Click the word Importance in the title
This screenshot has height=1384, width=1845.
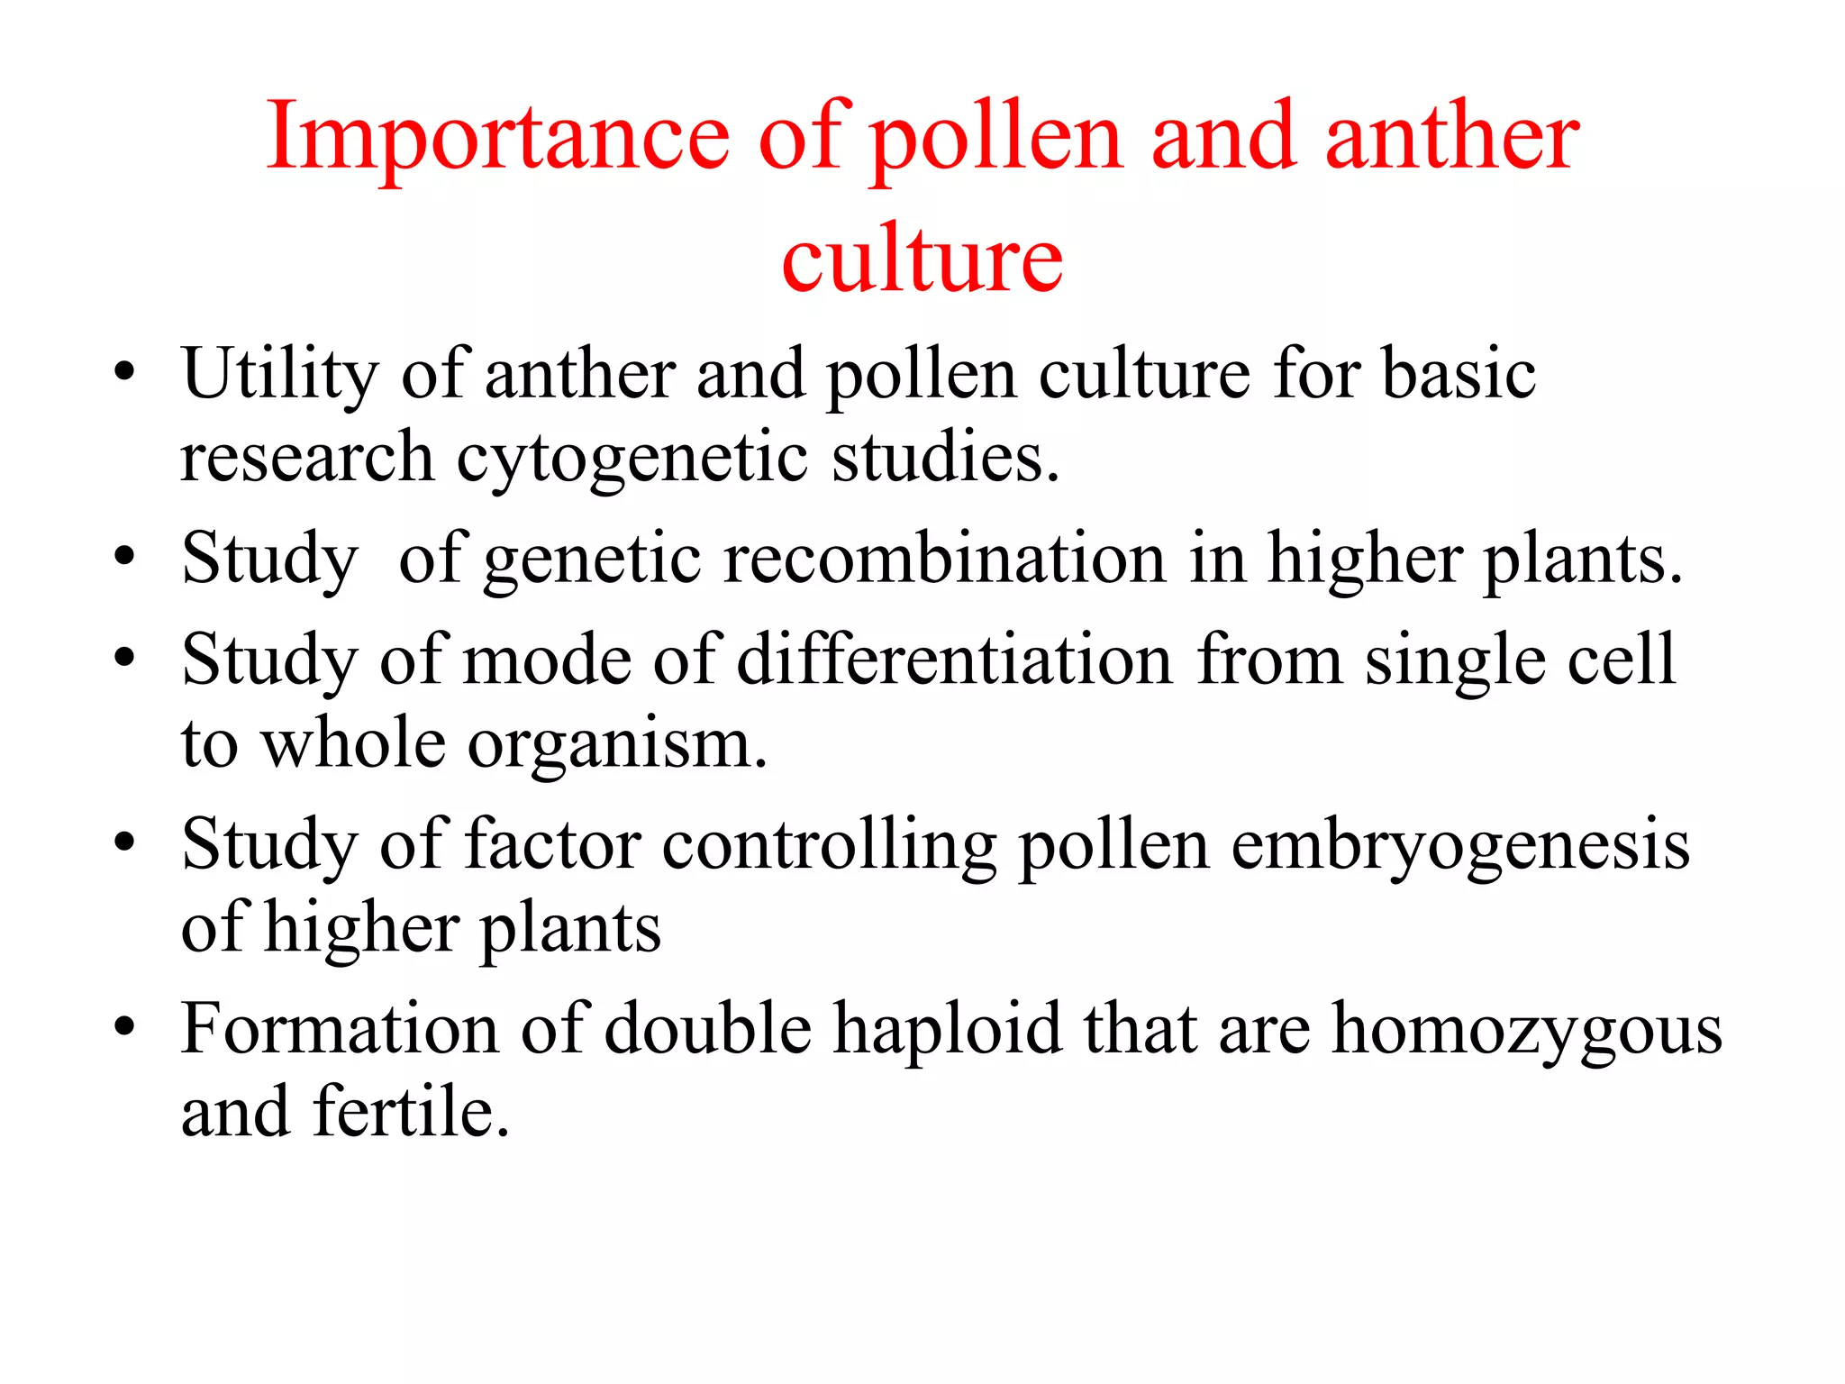coord(497,137)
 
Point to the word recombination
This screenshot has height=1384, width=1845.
coord(945,559)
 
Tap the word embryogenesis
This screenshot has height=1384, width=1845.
coord(1460,847)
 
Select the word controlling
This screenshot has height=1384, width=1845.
coord(829,847)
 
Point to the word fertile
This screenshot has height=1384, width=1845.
coord(412,1113)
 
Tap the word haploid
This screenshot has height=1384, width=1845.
coord(948,1029)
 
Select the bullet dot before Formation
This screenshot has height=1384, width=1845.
coord(125,1026)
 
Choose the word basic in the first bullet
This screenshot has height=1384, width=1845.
coord(1459,374)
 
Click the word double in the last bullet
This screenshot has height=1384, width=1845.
coord(708,1029)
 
